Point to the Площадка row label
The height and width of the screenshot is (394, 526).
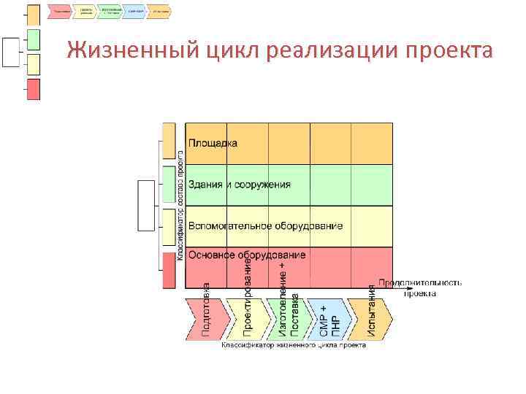[x=213, y=144]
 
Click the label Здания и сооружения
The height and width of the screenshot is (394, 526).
[x=239, y=185]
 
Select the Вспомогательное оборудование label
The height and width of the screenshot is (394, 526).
[x=265, y=226]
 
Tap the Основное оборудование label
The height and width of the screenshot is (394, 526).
[x=247, y=255]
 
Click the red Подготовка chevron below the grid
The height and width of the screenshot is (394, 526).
[x=205, y=318]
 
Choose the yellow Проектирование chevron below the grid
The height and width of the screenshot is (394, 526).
[x=247, y=318]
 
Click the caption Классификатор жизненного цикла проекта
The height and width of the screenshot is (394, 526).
[x=293, y=345]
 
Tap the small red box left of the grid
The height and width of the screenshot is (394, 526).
[x=169, y=269]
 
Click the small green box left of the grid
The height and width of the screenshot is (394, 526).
[x=169, y=185]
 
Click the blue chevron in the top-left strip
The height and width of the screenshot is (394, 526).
[x=134, y=12]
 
